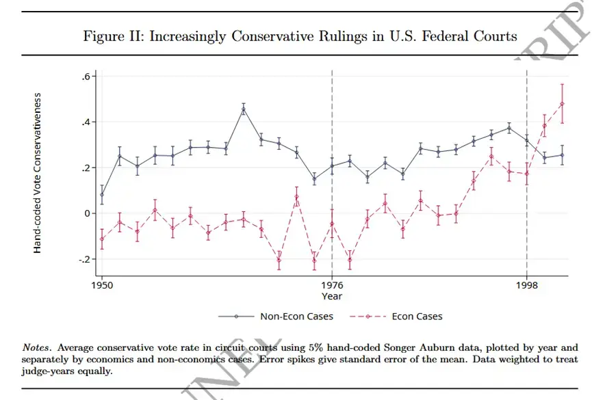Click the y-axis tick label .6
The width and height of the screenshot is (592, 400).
[86, 77]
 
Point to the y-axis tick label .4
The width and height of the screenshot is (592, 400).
[86, 122]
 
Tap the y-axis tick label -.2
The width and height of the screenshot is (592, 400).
[83, 260]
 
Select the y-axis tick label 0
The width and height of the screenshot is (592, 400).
[88, 214]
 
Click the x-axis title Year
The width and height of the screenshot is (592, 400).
[332, 296]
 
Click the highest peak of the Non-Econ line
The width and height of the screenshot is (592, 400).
[244, 109]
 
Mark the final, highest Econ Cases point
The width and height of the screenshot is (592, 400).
[562, 104]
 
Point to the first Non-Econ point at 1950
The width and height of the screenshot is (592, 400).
[102, 194]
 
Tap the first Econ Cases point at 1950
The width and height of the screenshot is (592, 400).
[102, 238]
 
